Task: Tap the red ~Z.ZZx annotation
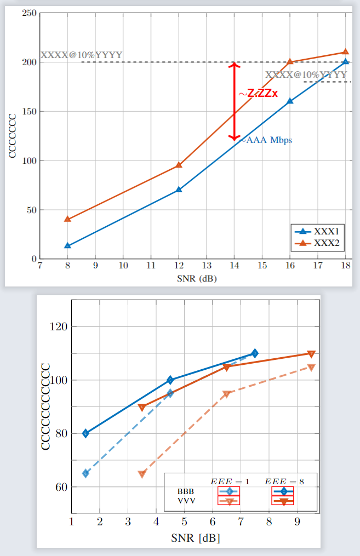click(258, 94)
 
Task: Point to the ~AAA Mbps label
click(267, 140)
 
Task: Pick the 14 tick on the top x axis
click(234, 266)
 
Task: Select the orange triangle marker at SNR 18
click(345, 52)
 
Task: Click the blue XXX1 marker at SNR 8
click(67, 245)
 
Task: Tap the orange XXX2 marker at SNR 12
click(179, 165)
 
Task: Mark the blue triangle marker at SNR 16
click(290, 101)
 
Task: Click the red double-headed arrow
click(235, 101)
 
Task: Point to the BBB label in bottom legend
click(186, 491)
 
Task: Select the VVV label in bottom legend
click(186, 500)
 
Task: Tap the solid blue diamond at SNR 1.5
click(85, 433)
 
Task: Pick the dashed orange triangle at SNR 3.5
click(142, 474)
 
